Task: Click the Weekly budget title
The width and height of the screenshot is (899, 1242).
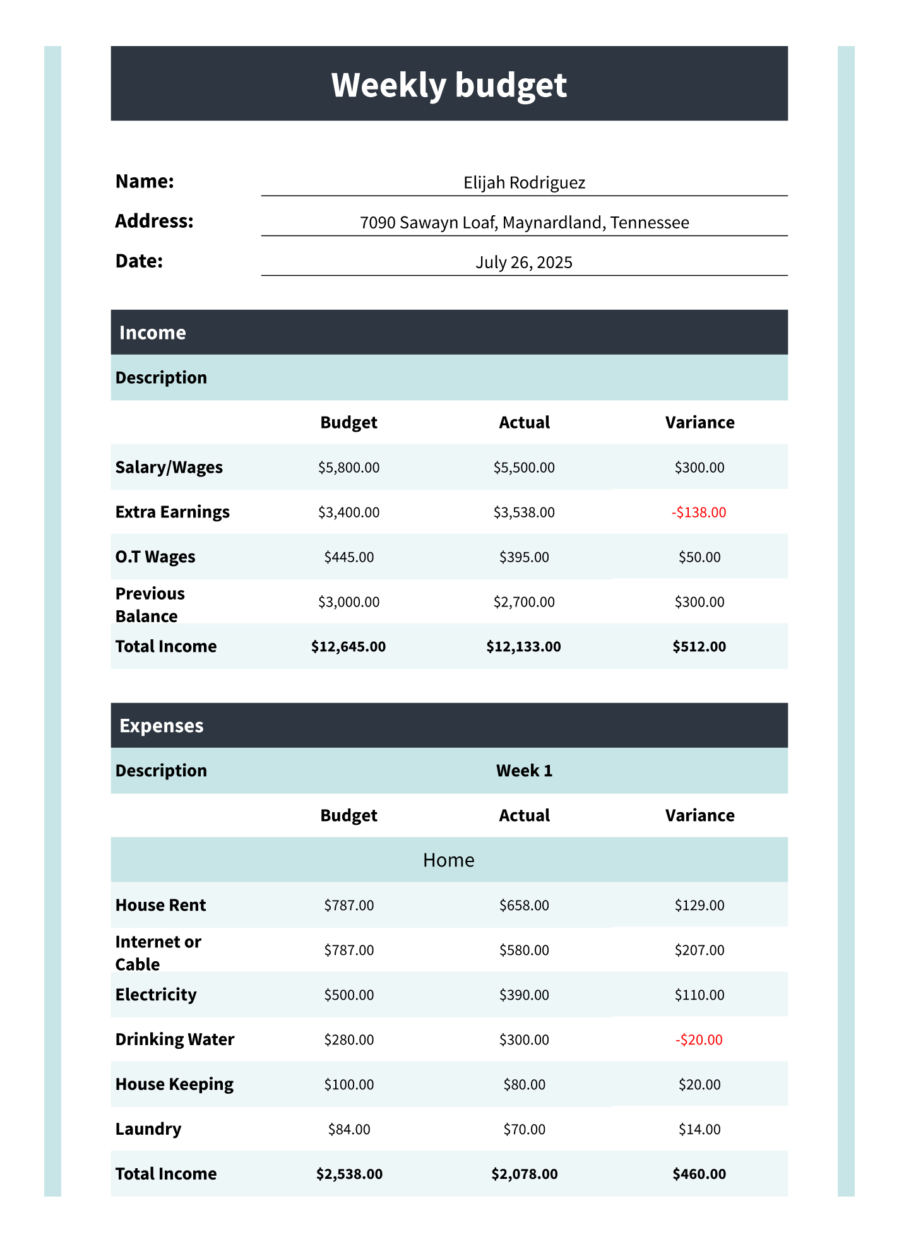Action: coord(449,85)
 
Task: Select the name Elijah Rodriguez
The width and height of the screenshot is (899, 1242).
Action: coord(524,183)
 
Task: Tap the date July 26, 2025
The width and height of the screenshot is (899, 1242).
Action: coord(524,263)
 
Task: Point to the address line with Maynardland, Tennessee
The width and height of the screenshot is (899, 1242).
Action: coord(524,223)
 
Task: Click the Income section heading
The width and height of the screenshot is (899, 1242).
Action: coord(153,333)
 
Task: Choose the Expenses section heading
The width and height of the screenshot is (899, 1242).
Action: coord(162,726)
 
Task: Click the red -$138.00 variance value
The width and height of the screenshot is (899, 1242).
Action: coord(699,512)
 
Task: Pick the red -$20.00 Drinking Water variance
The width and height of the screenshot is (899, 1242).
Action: coord(699,1039)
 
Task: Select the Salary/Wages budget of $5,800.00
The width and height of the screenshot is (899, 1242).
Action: coord(349,468)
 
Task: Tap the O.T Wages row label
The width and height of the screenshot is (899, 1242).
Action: coord(155,557)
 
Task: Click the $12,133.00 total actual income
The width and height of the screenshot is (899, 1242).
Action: coord(523,647)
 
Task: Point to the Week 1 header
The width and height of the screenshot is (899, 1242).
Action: coord(524,771)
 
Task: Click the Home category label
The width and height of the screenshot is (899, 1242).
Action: coord(449,860)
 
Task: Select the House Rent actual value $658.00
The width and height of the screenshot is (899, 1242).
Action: coord(524,906)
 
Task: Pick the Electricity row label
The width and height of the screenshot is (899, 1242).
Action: coord(156,995)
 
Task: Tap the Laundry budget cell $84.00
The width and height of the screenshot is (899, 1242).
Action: coord(349,1130)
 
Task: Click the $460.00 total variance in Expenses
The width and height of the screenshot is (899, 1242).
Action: coord(699,1174)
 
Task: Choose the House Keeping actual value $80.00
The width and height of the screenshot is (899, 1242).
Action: coord(524,1085)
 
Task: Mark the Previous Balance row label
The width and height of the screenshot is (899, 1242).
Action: coord(150,605)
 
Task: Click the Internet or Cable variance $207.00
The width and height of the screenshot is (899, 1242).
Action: coord(699,950)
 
